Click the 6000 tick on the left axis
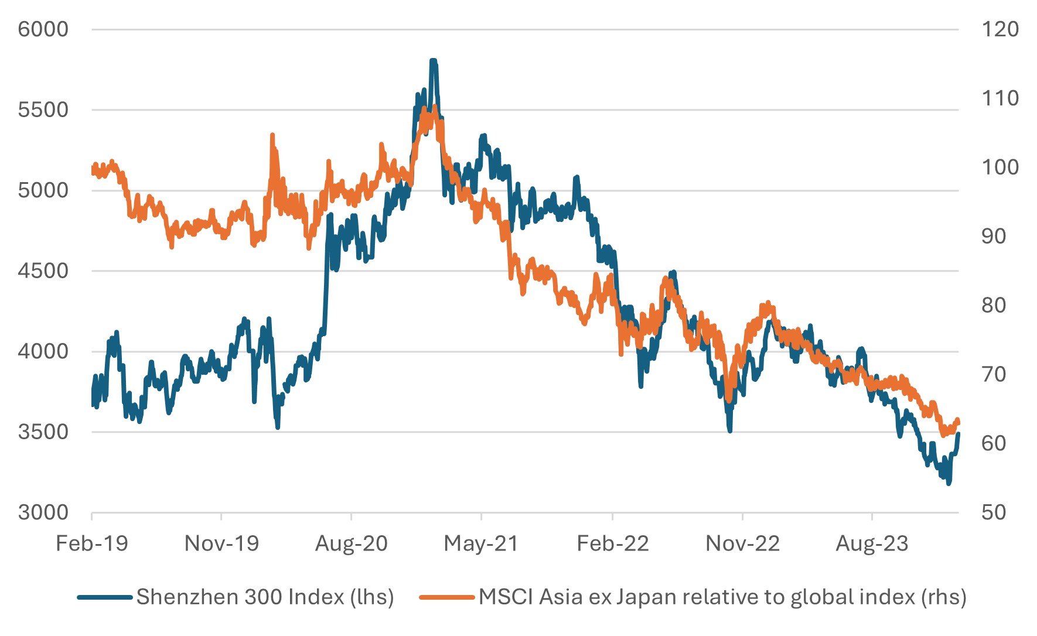(43, 29)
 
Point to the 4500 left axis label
(43, 271)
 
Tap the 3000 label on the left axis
(43, 512)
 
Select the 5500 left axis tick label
(43, 110)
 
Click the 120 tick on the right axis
(1000, 29)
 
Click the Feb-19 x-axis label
(92, 544)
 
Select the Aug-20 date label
(352, 544)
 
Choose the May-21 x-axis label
(481, 544)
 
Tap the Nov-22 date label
(742, 544)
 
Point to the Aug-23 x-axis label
(872, 544)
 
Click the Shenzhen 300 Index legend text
(265, 597)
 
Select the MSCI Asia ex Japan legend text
(722, 597)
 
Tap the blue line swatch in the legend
(104, 597)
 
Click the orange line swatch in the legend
(446, 597)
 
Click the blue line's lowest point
(949, 483)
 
